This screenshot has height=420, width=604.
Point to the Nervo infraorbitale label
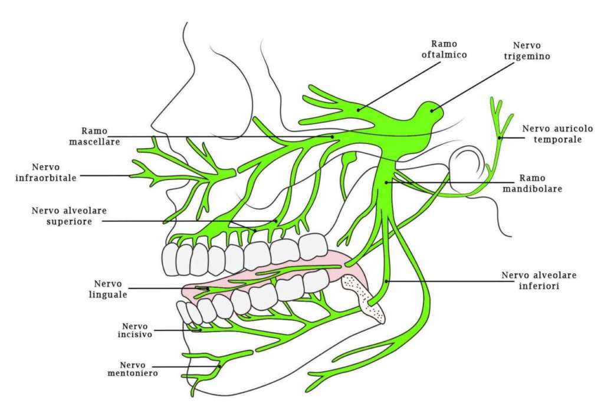54,172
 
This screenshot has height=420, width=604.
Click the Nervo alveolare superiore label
64,216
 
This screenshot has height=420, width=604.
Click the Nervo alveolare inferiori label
539,280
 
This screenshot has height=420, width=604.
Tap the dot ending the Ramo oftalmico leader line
359,109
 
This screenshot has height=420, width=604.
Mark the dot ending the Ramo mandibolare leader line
386,182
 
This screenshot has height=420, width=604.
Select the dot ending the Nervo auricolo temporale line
500,138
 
